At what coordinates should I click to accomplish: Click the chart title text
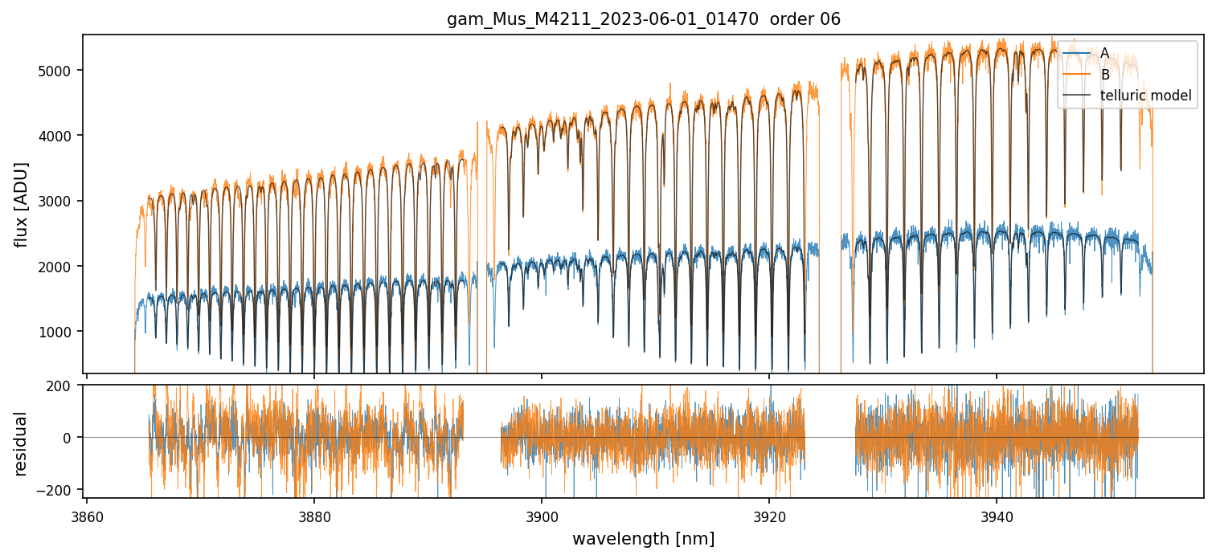[643, 19]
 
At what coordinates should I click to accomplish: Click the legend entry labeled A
[1104, 53]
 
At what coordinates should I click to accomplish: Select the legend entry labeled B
[1104, 75]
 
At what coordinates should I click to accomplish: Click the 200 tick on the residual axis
[63, 386]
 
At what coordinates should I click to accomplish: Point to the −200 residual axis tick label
[60, 489]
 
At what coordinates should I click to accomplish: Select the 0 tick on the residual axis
[70, 438]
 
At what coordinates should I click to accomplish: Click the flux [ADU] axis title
[21, 204]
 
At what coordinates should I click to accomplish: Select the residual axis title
[21, 443]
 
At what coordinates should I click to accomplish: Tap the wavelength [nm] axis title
[643, 538]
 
